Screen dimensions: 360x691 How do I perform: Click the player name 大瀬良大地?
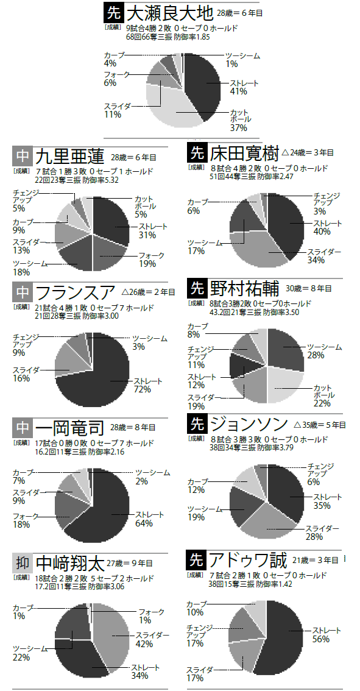point(171,13)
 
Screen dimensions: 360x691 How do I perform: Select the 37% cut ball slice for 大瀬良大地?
point(176,108)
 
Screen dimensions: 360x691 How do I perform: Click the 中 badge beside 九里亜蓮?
point(22,157)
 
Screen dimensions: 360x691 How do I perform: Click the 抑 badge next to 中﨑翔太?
point(22,563)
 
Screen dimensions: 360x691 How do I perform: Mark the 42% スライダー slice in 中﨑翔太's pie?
point(111,630)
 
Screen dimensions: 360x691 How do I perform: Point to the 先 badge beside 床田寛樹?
point(197,153)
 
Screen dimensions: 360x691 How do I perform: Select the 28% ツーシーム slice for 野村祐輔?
point(286,348)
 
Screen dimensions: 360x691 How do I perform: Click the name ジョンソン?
point(249,424)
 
